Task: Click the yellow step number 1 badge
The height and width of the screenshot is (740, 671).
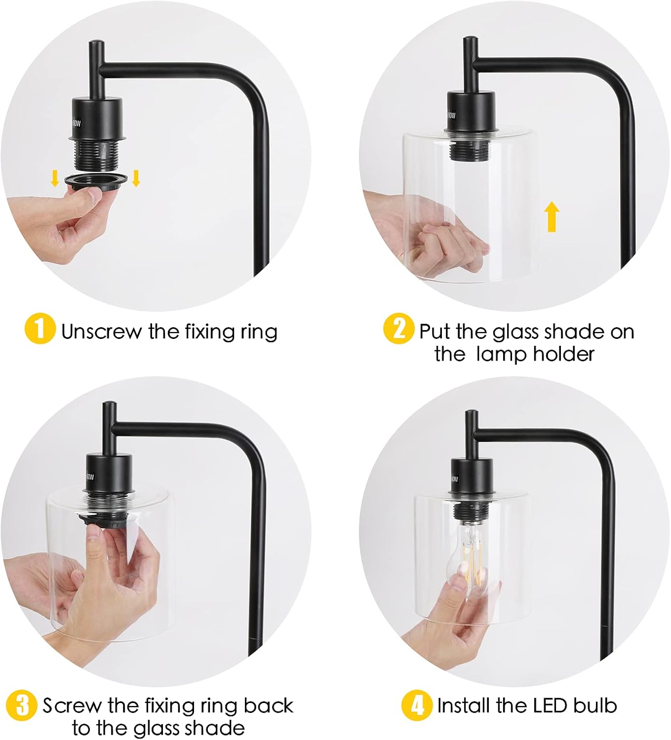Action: point(40,329)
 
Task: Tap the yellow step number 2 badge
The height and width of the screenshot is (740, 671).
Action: point(398,329)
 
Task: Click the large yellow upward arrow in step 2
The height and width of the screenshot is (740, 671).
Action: point(552,217)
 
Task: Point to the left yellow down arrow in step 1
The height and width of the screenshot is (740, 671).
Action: point(55,178)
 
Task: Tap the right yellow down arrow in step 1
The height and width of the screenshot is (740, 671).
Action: point(136,178)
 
